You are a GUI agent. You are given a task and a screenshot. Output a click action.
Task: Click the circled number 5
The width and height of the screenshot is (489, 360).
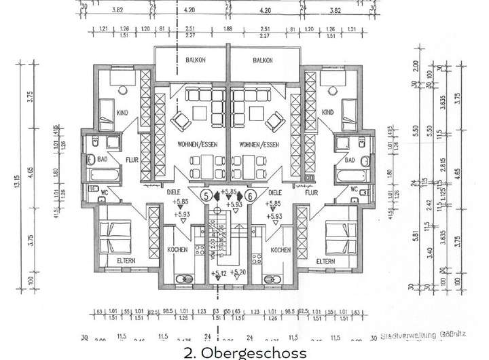click(205, 196)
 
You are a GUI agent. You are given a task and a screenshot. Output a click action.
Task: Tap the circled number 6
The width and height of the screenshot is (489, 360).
click(251, 196)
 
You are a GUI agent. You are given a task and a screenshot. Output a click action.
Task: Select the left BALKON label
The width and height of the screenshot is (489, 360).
click(196, 60)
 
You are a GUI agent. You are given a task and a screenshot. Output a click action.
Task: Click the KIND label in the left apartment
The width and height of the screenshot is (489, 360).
click(123, 112)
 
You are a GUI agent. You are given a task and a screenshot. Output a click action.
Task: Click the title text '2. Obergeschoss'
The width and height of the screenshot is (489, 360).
click(245, 353)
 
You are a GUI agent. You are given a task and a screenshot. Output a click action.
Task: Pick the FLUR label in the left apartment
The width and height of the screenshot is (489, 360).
click(132, 161)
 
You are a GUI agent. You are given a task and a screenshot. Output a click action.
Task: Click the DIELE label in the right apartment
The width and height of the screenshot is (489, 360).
click(276, 192)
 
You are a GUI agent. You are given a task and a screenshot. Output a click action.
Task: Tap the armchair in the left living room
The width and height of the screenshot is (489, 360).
click(181, 122)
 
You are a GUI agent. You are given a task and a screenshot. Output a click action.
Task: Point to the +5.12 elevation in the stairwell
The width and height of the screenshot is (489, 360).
click(219, 274)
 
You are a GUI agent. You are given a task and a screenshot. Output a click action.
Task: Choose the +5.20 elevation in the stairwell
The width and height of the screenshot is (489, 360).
click(238, 272)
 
